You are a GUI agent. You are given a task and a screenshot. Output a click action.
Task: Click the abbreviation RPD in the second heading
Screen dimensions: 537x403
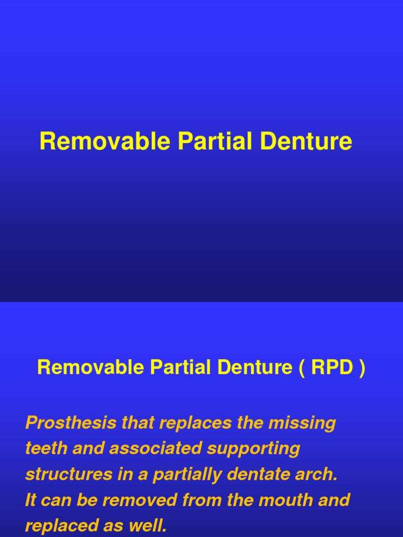[x=332, y=368]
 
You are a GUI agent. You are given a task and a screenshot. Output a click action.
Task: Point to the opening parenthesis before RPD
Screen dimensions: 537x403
[x=302, y=368]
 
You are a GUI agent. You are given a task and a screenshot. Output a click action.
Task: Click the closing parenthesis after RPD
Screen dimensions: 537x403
[x=362, y=368]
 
